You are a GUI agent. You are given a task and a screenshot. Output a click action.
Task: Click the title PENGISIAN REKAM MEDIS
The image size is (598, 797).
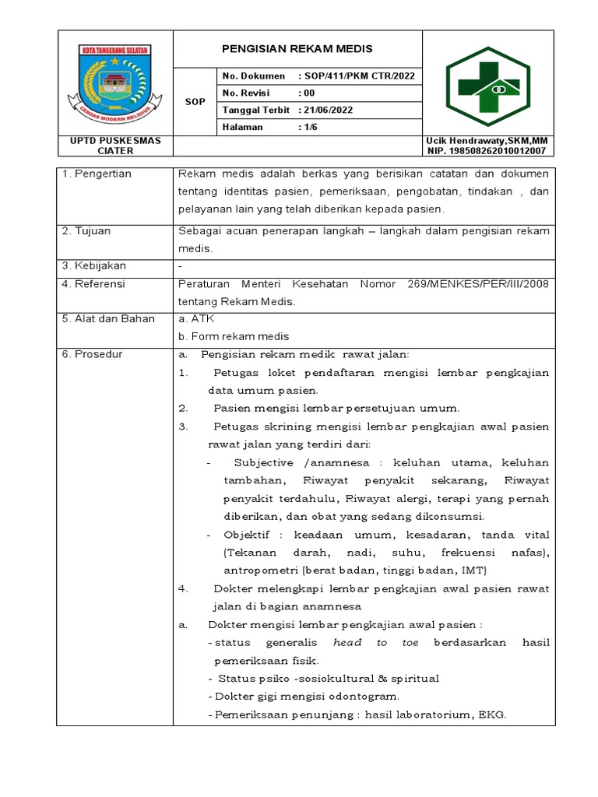point(297,49)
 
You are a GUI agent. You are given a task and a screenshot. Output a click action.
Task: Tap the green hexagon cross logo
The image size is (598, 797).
point(487,85)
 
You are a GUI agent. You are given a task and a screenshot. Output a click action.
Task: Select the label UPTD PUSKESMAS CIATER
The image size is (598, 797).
point(115,146)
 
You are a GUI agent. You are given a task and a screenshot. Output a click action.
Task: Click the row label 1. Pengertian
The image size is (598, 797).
point(97,174)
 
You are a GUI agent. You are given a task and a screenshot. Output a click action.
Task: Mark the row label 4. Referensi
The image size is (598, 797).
point(93,284)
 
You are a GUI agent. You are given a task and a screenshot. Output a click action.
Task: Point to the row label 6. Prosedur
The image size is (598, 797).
point(92,354)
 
